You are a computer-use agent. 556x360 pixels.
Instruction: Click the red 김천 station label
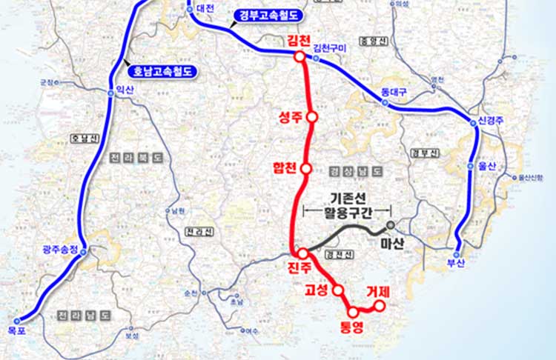coord(299,39)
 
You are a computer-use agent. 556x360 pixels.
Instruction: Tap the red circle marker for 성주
coord(312,116)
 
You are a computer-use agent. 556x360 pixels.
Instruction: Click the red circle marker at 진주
coord(302,253)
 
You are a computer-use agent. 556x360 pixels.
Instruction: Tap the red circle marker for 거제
coord(379,306)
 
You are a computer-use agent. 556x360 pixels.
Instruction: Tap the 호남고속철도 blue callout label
coord(162,72)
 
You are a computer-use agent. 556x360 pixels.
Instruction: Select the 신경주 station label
coord(492,121)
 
